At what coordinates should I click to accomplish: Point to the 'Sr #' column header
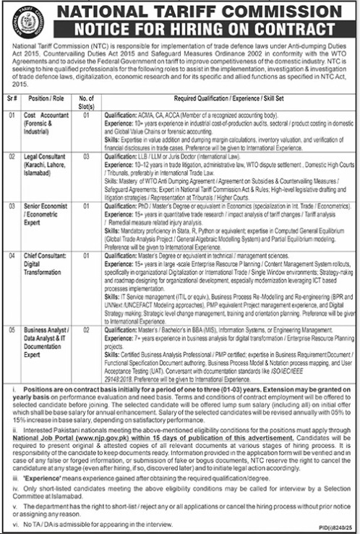pos(12,98)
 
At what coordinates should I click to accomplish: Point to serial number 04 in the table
pos(12,255)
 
